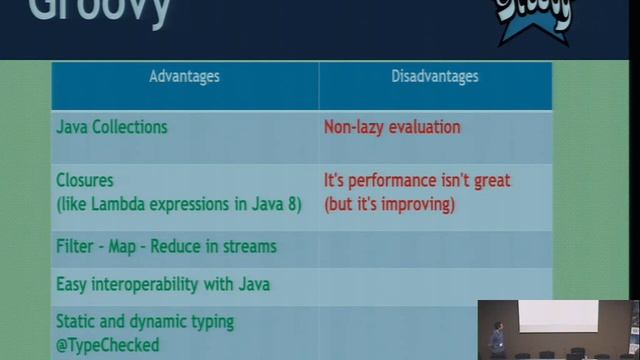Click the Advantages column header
point(184,76)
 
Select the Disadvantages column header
point(434,76)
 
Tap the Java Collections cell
point(112,127)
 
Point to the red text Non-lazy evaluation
point(392,127)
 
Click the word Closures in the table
point(85,181)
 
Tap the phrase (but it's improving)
point(389,204)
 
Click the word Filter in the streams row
point(74,246)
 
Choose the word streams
point(249,246)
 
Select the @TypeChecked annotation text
point(108,345)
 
